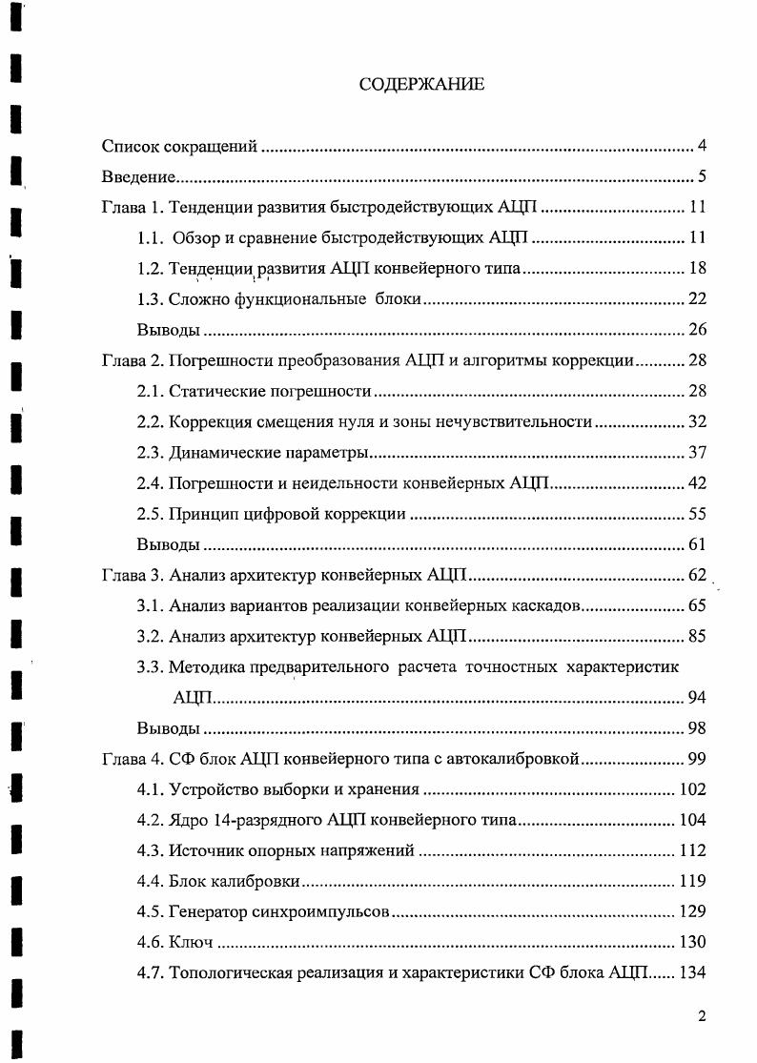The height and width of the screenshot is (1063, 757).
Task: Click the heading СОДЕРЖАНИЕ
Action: pyautogui.click(x=421, y=85)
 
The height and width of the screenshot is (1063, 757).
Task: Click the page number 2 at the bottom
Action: pyautogui.click(x=702, y=1016)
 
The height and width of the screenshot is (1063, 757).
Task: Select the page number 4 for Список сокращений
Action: pyautogui.click(x=701, y=146)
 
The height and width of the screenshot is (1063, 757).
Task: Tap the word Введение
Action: pyautogui.click(x=138, y=177)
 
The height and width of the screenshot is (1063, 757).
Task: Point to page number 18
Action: pyautogui.click(x=696, y=268)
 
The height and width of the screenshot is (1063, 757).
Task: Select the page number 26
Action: pyautogui.click(x=696, y=330)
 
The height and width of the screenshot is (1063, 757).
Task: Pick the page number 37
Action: pyautogui.click(x=696, y=452)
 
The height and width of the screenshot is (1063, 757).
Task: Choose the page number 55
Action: pyautogui.click(x=696, y=514)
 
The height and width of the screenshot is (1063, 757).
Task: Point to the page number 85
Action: pyautogui.click(x=696, y=636)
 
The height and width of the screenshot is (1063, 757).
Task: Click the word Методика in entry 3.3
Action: pyautogui.click(x=208, y=666)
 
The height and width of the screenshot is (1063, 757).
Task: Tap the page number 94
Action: pyautogui.click(x=696, y=698)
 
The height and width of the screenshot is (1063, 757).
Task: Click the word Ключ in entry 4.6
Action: pyautogui.click(x=191, y=942)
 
